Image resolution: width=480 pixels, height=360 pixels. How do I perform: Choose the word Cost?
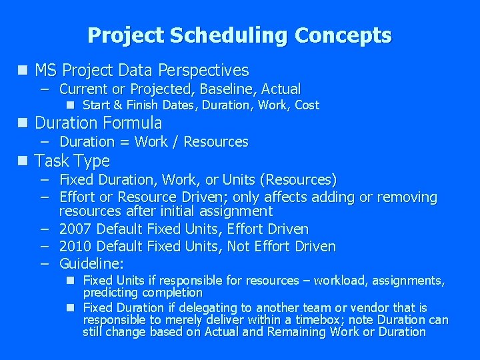click(x=307, y=105)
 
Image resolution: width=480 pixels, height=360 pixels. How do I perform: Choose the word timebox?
click(x=295, y=320)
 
